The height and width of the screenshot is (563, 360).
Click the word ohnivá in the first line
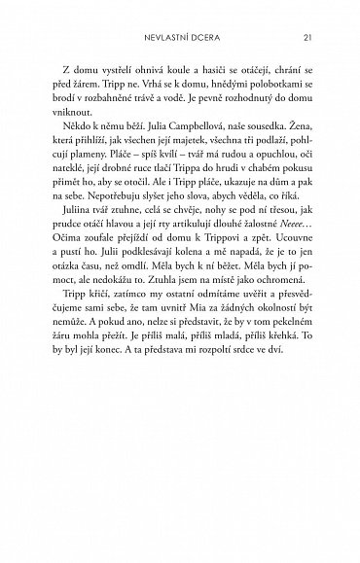coord(162,99)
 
